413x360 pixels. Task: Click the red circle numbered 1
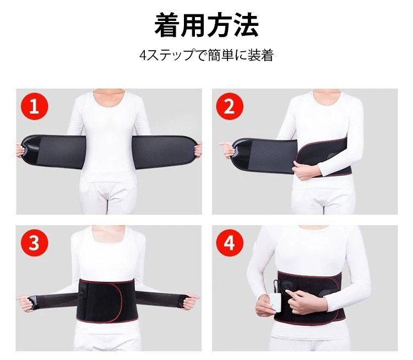click(x=35, y=107)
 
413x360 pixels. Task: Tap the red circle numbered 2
click(x=230, y=107)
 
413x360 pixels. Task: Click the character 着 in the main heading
click(x=167, y=25)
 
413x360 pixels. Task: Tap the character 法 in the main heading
click(x=246, y=25)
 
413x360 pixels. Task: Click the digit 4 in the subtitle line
click(x=143, y=55)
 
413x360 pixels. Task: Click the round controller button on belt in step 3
click(x=82, y=291)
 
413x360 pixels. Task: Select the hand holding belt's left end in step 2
click(x=227, y=149)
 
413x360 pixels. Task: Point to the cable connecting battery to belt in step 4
click(x=275, y=285)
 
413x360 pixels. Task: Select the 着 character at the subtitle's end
click(x=267, y=55)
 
